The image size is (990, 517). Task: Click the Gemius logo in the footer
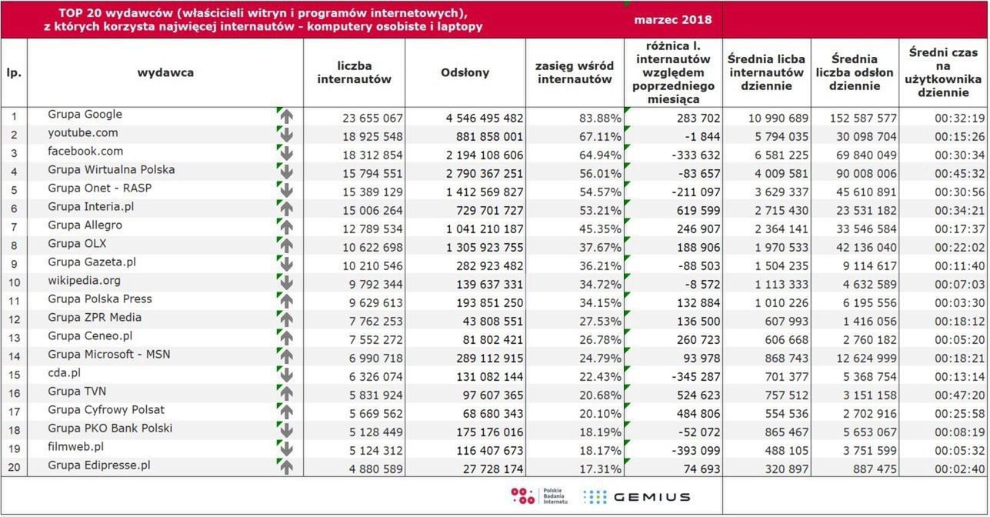[x=636, y=496]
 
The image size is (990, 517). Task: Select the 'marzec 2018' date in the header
[x=672, y=19]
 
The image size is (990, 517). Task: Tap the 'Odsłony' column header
[x=465, y=72]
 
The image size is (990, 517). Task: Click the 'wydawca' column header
[x=165, y=72]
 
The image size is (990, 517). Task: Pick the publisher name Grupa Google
[x=85, y=115]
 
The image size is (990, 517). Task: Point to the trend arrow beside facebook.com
[x=286, y=152]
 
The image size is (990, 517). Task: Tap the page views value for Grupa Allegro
[x=484, y=228]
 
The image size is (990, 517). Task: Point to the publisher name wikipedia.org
[x=84, y=281]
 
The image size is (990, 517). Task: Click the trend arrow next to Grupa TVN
[x=286, y=393]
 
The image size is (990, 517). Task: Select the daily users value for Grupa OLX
[x=777, y=247]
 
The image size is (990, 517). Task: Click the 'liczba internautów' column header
[x=354, y=72]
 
